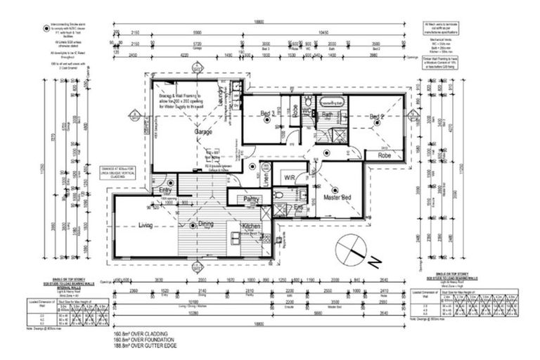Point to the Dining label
point(205,225)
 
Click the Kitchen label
point(251,226)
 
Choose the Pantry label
point(251,200)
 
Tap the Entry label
point(165,191)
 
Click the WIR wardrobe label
point(290,177)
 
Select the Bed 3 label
point(267,114)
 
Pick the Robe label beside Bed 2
point(384,155)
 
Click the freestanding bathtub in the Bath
point(333,103)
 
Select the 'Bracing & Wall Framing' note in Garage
point(179,103)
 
